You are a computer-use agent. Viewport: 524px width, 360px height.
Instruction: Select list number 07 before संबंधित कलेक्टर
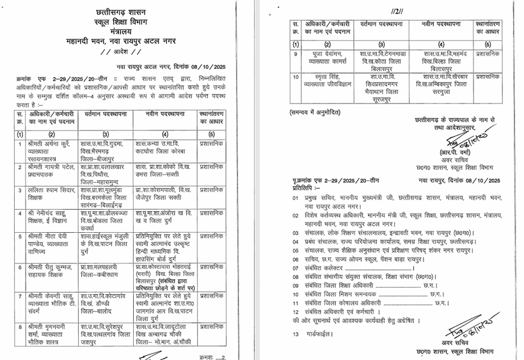tap(295, 269)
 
